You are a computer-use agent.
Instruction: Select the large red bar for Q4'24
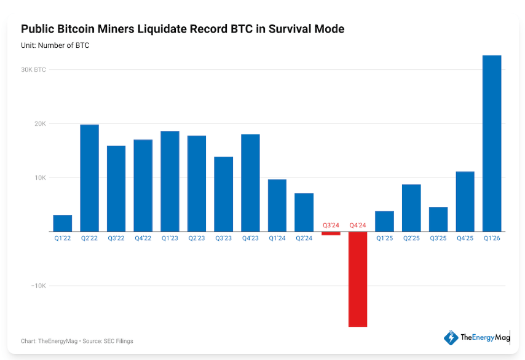358,280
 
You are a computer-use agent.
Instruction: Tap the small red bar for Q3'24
331,233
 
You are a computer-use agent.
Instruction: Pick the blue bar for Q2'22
89,178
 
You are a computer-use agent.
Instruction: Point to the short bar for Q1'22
63,224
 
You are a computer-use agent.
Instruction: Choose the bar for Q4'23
250,183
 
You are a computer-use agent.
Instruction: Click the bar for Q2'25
411,208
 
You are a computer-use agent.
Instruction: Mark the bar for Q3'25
438,219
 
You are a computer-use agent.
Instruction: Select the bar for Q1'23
170,181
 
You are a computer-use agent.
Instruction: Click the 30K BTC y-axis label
33,70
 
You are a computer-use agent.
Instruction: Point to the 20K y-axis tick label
40,124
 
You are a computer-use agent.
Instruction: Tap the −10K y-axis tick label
38,286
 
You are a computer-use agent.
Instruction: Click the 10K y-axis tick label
40,178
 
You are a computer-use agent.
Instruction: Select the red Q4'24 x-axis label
358,225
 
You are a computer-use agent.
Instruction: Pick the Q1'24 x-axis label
277,238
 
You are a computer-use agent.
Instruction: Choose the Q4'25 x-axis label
465,238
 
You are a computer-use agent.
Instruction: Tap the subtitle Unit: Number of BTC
55,45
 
